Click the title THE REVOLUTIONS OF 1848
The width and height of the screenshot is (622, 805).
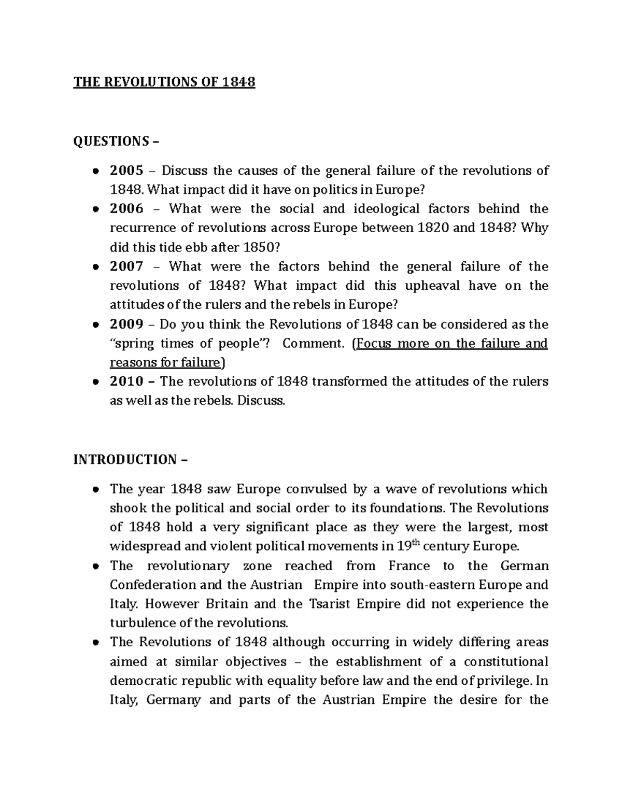click(164, 82)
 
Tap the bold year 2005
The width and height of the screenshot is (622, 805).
click(126, 171)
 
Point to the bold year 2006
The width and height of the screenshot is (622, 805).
click(126, 209)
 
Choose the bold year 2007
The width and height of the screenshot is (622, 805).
click(126, 266)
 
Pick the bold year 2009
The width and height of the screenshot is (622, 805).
click(126, 324)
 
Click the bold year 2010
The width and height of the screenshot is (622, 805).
click(126, 382)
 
